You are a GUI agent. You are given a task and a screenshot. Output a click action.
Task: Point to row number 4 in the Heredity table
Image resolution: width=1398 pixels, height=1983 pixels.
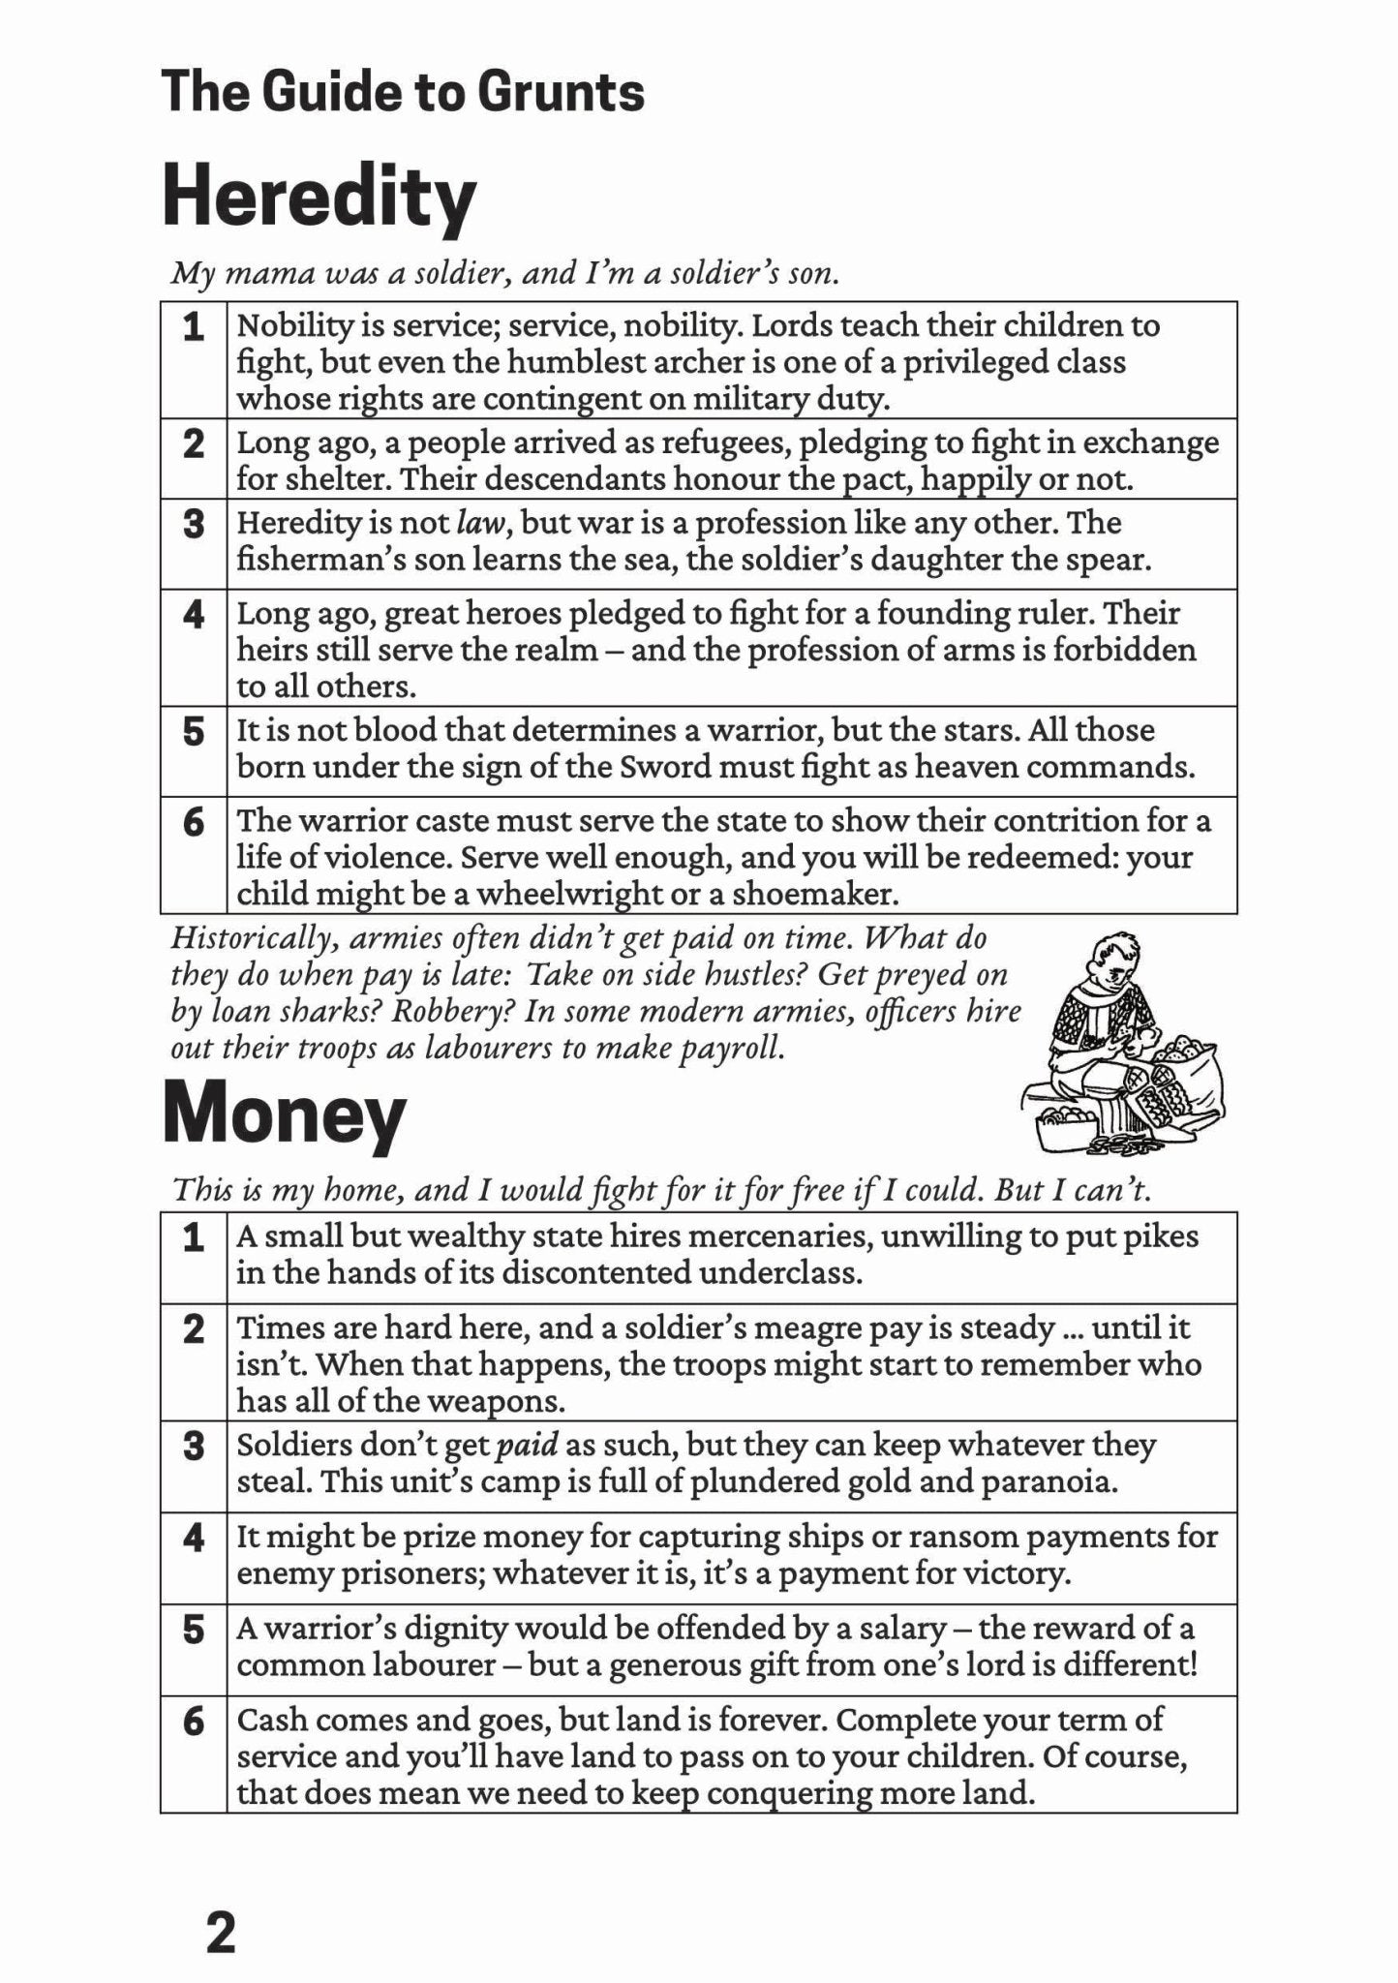(194, 614)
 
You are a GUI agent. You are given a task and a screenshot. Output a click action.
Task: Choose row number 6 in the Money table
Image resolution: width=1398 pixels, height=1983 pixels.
(194, 1721)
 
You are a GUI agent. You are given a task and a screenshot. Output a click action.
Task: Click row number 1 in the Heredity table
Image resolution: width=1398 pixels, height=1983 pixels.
(194, 327)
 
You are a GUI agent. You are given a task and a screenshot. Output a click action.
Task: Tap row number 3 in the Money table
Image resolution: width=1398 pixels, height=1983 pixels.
(194, 1446)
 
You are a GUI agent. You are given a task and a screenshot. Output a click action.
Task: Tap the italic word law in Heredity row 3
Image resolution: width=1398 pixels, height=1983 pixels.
(482, 523)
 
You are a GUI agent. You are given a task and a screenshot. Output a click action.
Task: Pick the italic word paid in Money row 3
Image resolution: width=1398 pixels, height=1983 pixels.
(527, 1445)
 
